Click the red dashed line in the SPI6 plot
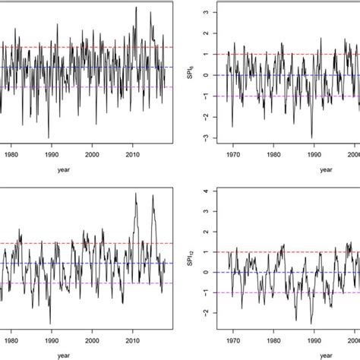[x=289, y=54]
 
